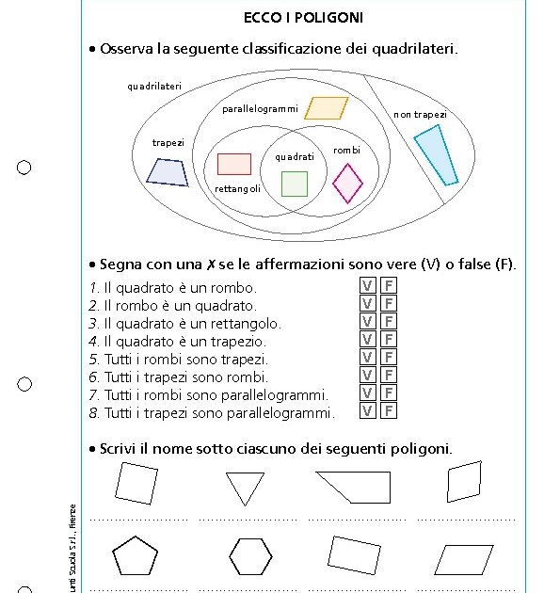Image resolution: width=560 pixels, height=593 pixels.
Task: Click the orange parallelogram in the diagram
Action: click(x=326, y=108)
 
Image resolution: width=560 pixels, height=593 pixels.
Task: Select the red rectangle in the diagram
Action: click(x=233, y=164)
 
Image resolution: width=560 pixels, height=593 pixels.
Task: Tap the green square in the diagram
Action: click(x=295, y=184)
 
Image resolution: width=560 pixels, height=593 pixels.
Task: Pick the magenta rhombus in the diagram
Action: click(x=347, y=183)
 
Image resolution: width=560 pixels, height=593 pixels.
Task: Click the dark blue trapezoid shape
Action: click(x=167, y=171)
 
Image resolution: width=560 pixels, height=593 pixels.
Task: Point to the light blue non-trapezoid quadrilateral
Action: click(x=435, y=154)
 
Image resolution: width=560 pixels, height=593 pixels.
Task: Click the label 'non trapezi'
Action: click(x=420, y=115)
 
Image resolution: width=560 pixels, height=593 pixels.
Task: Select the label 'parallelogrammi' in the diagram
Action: click(x=260, y=109)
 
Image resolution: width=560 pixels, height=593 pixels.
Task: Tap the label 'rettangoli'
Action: click(x=237, y=189)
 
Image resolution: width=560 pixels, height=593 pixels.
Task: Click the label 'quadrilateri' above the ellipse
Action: click(x=154, y=87)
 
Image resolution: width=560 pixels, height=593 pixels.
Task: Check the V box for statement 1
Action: click(x=368, y=286)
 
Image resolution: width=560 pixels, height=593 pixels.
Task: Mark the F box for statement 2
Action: click(x=388, y=304)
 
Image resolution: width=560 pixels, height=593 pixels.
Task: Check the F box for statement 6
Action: click(x=388, y=376)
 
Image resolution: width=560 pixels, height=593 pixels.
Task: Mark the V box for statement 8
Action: click(x=368, y=411)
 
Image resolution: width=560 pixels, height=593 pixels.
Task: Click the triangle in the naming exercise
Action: click(x=245, y=488)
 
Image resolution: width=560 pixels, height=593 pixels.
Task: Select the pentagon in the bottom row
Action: click(x=135, y=556)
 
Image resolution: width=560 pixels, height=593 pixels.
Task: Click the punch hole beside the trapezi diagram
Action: click(x=24, y=168)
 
